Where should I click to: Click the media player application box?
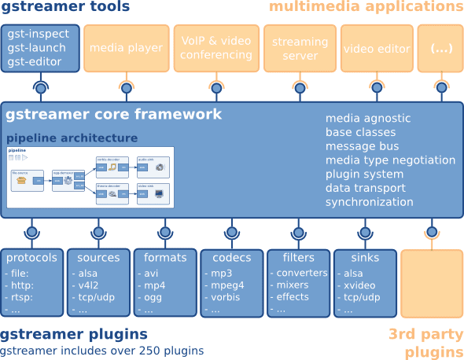tap(126, 48)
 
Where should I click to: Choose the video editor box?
tap(376, 48)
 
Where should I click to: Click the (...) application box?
tap(440, 48)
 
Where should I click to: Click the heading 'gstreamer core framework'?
tap(113, 115)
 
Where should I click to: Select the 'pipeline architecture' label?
tap(72, 138)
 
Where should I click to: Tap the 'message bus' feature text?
tap(362, 146)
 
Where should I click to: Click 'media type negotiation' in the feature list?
tap(390, 160)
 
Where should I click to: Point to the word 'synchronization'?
tap(369, 202)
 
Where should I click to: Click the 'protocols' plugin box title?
tap(31, 258)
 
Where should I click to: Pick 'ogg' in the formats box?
tap(153, 299)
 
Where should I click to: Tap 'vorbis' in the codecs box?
tap(225, 299)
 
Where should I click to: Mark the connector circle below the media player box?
tap(126, 87)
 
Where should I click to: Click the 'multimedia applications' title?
tap(366, 7)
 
